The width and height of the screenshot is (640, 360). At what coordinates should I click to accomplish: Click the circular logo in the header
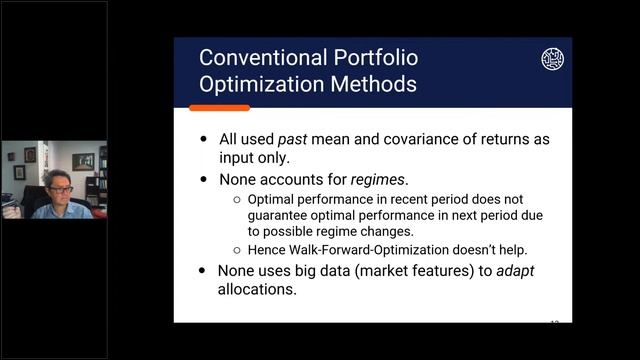coord(552,59)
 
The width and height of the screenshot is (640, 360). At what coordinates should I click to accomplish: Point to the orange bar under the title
coord(219,107)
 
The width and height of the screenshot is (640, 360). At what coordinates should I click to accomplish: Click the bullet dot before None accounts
coord(205,180)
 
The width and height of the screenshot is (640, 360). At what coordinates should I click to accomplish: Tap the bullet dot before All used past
coord(205,140)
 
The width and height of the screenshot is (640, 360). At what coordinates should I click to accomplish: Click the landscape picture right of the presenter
coord(83,161)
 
